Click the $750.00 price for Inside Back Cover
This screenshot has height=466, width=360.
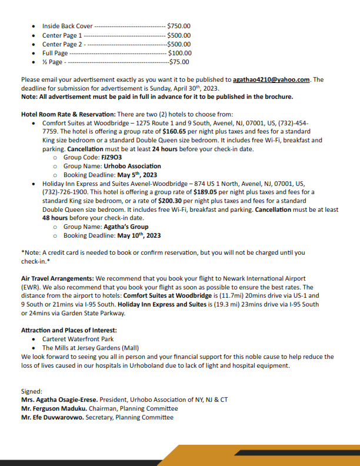tap(178, 26)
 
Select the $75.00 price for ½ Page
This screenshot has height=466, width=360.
tap(179, 61)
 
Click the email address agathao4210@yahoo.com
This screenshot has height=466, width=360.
tap(271, 79)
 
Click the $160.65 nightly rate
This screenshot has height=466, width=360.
tap(175, 132)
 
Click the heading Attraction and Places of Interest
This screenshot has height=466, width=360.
tap(69, 329)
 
